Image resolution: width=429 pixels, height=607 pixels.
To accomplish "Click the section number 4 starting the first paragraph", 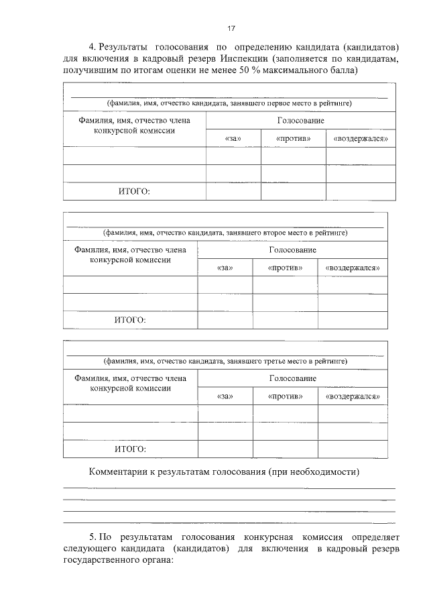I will (92, 46).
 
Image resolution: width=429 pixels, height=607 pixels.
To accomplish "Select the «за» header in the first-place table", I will (233, 138).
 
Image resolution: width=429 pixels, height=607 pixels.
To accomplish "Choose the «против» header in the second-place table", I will (285, 268).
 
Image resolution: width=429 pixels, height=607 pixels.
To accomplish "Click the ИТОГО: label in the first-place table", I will (134, 191).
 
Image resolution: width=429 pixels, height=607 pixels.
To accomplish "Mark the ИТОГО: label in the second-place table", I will (130, 320).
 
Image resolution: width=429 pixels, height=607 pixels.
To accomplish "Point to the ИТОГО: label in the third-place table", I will (130, 449).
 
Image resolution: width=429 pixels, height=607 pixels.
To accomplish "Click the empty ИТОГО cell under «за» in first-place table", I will (233, 191).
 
